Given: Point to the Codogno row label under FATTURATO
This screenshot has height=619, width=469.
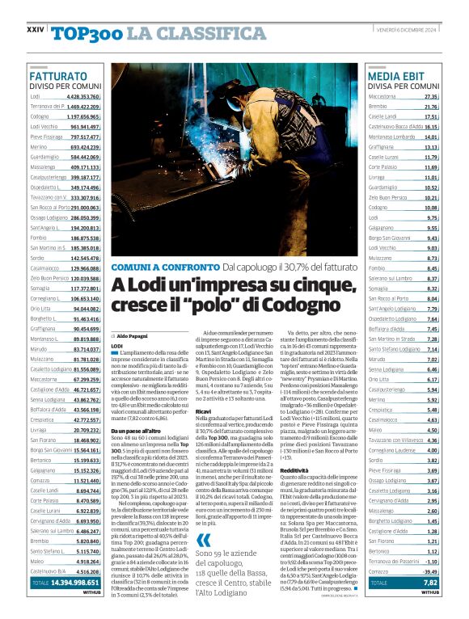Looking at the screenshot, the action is pos(40,116).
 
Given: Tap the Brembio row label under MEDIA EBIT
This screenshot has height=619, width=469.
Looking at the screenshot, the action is pos(378,106).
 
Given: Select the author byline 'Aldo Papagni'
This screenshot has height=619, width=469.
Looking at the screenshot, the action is pos(134,335).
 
